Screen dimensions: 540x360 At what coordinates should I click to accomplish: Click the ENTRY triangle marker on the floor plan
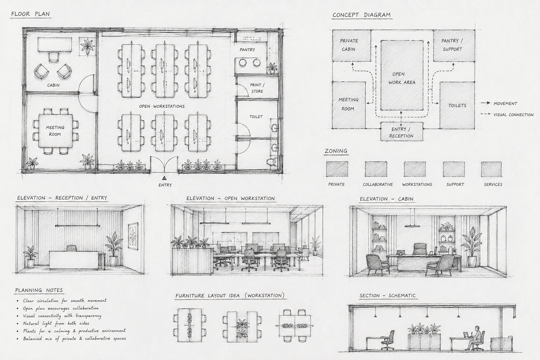(x=165, y=179)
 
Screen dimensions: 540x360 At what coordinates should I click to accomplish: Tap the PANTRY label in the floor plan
(x=247, y=50)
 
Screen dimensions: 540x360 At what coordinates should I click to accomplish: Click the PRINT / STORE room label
(x=257, y=88)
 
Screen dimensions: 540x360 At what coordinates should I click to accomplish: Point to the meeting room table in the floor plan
(x=56, y=131)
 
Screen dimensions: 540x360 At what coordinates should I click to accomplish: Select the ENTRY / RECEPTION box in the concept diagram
(x=401, y=131)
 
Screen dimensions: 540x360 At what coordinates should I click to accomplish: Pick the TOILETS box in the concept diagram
(x=457, y=105)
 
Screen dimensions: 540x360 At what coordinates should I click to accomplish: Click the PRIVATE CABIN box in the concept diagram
(x=352, y=45)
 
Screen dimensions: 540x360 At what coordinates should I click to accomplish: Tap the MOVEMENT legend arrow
(x=486, y=103)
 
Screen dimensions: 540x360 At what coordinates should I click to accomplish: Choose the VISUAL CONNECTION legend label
(x=514, y=115)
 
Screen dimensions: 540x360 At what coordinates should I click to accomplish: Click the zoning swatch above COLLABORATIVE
(x=376, y=169)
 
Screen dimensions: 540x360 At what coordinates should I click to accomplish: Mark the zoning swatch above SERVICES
(x=491, y=169)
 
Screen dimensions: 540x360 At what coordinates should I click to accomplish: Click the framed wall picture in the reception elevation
(x=133, y=236)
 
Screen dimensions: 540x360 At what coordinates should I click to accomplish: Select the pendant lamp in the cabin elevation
(x=412, y=226)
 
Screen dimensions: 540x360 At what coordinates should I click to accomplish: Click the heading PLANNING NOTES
(x=39, y=290)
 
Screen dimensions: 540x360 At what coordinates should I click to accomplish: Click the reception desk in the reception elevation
(x=74, y=260)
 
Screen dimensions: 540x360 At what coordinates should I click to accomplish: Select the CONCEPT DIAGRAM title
(x=362, y=15)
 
